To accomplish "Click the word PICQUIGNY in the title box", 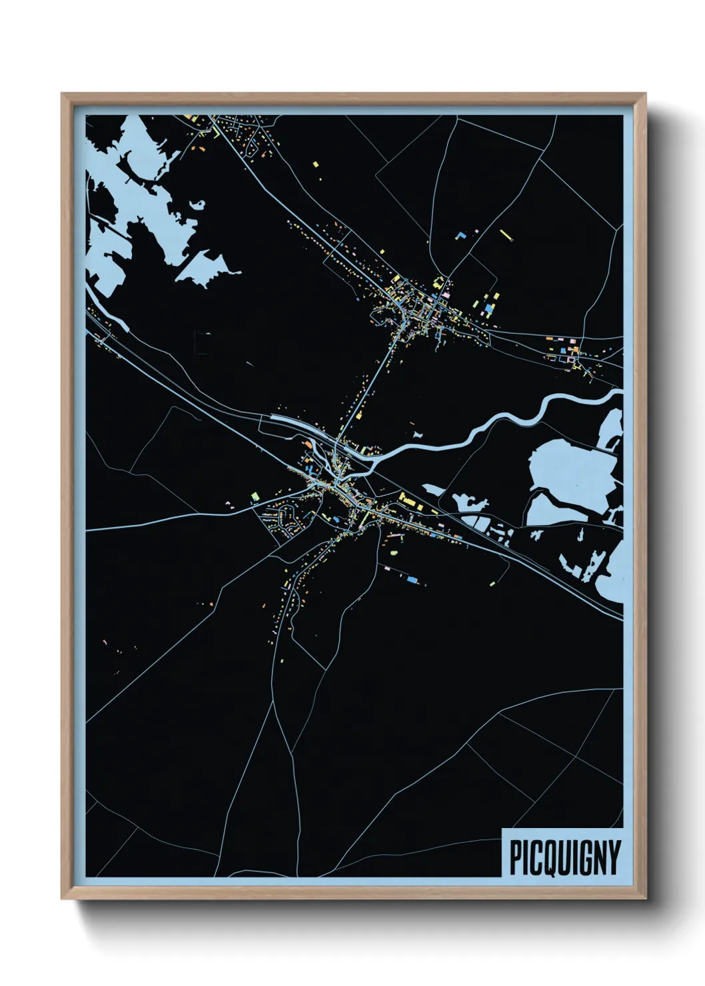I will click(x=564, y=857).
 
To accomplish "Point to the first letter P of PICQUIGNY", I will click(x=516, y=857).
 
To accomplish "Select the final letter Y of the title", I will click(x=614, y=857).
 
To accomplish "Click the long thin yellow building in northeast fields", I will click(x=504, y=234).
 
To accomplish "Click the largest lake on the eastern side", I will click(x=566, y=469).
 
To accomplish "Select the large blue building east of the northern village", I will click(x=490, y=309).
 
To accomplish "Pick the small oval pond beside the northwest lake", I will click(x=198, y=204).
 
